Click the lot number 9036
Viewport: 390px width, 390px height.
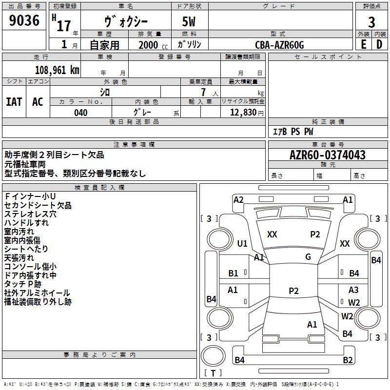(24, 20)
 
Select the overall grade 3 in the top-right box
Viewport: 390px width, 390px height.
(371, 22)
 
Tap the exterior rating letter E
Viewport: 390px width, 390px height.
(364, 44)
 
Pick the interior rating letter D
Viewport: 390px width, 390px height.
(379, 44)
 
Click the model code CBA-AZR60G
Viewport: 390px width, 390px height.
(279, 45)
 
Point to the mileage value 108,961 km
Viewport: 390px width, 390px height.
(57, 70)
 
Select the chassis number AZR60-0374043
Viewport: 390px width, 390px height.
(328, 155)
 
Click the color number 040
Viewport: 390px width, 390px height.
(81, 113)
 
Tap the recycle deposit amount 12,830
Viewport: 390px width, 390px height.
(243, 113)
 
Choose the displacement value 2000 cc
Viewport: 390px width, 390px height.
(153, 45)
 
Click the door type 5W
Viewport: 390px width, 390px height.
(189, 21)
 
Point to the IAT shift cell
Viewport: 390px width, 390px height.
(14, 102)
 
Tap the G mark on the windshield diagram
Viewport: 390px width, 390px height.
(308, 257)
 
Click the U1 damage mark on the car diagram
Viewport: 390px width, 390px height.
(242, 243)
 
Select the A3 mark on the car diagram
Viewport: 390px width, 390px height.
(353, 290)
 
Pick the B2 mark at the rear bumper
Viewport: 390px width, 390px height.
(348, 360)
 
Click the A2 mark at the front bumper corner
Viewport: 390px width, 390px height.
(238, 200)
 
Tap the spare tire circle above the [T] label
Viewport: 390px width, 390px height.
(213, 356)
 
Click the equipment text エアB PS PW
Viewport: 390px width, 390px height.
(293, 132)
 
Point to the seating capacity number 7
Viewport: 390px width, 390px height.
(203, 92)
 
